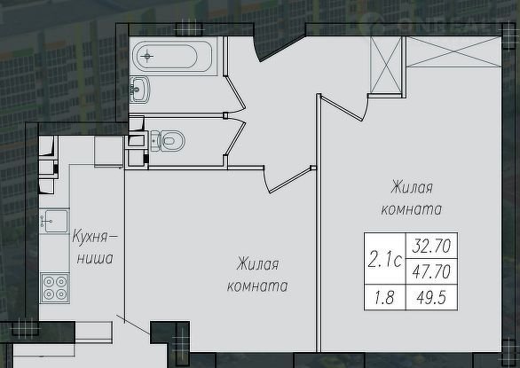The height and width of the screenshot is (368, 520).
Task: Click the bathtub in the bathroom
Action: pyautogui.click(x=172, y=56)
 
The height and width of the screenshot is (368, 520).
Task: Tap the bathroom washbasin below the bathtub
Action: pyautogui.click(x=139, y=89)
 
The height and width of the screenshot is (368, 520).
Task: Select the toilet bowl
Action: pyautogui.click(x=168, y=141)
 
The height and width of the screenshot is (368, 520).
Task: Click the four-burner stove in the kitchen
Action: pyautogui.click(x=55, y=288)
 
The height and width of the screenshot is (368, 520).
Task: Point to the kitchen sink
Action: pyautogui.click(x=54, y=221)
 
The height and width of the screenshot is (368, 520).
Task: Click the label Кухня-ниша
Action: pyautogui.click(x=95, y=248)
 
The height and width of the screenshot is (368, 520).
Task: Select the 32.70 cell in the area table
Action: pyautogui.click(x=431, y=246)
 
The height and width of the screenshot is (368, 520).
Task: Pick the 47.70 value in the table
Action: pyautogui.click(x=431, y=271)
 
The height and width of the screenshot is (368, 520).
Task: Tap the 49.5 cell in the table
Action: pyautogui.click(x=431, y=297)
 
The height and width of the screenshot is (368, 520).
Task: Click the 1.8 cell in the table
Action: pyautogui.click(x=385, y=297)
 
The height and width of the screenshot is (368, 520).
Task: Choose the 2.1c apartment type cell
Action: pyautogui.click(x=385, y=259)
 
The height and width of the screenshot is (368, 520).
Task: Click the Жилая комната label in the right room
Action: pyautogui.click(x=412, y=199)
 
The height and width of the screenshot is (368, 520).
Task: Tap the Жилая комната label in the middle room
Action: pyautogui.click(x=257, y=275)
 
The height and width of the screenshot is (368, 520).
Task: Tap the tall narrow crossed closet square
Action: pyautogui.click(x=386, y=65)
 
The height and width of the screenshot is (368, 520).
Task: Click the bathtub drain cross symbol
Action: pyautogui.click(x=146, y=56)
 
